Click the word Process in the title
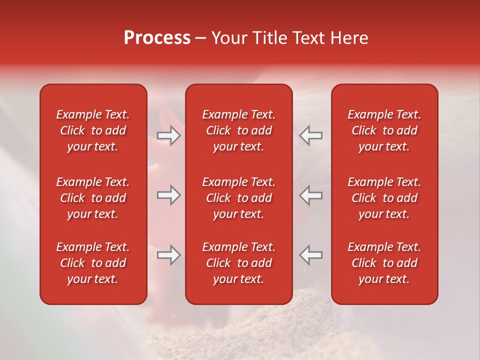(x=157, y=38)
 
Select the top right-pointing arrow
(x=168, y=135)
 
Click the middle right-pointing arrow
(x=168, y=195)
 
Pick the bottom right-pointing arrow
(x=168, y=255)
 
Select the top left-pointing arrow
(x=311, y=135)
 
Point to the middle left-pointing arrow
(x=311, y=195)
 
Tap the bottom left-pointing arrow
(x=311, y=255)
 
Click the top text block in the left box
(x=93, y=130)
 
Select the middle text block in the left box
(x=93, y=198)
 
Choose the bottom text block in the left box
(x=93, y=263)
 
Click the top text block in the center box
(x=238, y=130)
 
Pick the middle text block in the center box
(x=238, y=198)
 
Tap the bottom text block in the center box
(x=238, y=263)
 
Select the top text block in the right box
(x=384, y=130)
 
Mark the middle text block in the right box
(x=384, y=198)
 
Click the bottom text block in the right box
(x=384, y=263)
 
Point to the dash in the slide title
(x=200, y=38)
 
